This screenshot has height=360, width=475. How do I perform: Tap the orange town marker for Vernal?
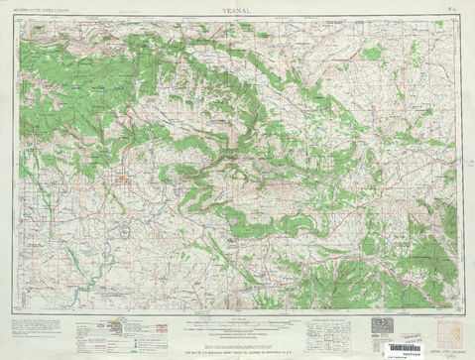(121, 180)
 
